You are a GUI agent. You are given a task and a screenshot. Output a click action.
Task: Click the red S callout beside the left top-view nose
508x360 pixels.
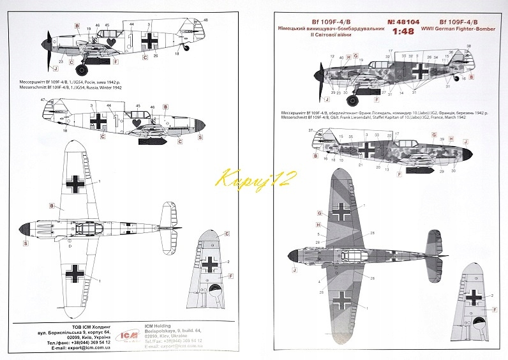(x=26, y=243)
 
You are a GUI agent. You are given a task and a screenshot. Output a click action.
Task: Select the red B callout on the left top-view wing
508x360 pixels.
(x=51, y=206)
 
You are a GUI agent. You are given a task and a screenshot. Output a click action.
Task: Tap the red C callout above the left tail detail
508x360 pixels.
(x=227, y=234)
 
